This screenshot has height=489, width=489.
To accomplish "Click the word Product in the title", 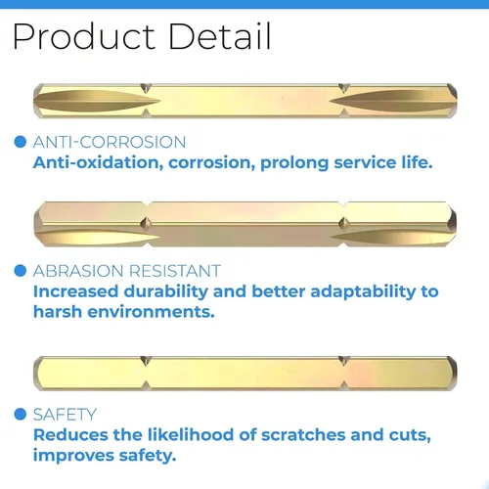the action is coord(84,36).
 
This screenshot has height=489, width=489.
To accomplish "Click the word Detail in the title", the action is coord(220,36).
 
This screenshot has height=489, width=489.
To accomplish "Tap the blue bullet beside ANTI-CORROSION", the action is coord(21,142).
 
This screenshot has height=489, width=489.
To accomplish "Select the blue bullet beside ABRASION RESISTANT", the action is coord(21,271).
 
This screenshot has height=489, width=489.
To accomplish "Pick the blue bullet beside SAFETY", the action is coord(21,415).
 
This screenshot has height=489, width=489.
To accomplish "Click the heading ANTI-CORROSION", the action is coord(110,142).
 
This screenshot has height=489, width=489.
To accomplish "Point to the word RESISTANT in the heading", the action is coord(175,271).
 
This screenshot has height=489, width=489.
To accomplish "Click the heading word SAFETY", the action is coord(65,415).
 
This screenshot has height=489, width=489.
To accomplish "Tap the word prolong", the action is coord(294,163).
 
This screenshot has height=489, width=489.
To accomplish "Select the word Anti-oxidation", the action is coord(98,162).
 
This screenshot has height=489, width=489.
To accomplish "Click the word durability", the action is coord(166,291).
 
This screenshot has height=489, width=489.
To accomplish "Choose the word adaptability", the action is coord(363,291).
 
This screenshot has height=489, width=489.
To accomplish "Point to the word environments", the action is coord(152,312).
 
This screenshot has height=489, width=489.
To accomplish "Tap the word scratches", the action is coord(303,435).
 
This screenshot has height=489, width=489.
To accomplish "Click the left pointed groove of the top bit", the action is coord(97,101).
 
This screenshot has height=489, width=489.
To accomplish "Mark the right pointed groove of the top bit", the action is coord(393,101).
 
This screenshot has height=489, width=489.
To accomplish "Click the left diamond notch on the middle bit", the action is coord(146,224).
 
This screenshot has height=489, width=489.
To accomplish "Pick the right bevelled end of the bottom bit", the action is coord(452,374).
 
